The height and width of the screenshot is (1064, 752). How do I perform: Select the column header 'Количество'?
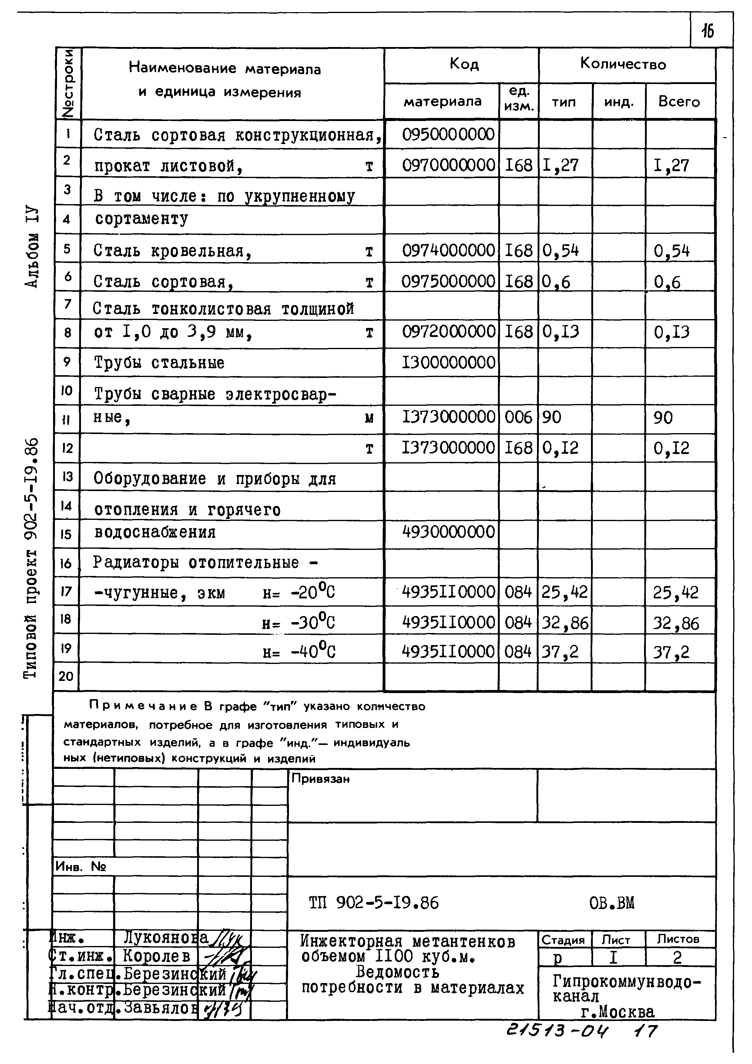(623, 64)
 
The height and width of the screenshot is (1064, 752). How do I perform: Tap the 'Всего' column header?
(679, 102)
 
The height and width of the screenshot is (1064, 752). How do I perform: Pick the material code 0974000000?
(448, 251)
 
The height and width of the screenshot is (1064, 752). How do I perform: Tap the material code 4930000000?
(448, 531)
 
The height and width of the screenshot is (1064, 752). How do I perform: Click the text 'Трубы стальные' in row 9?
(159, 363)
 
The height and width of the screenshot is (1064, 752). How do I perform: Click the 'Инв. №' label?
(81, 867)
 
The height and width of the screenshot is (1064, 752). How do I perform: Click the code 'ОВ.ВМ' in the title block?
(612, 903)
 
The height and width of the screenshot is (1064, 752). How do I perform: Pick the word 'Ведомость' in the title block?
(397, 972)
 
